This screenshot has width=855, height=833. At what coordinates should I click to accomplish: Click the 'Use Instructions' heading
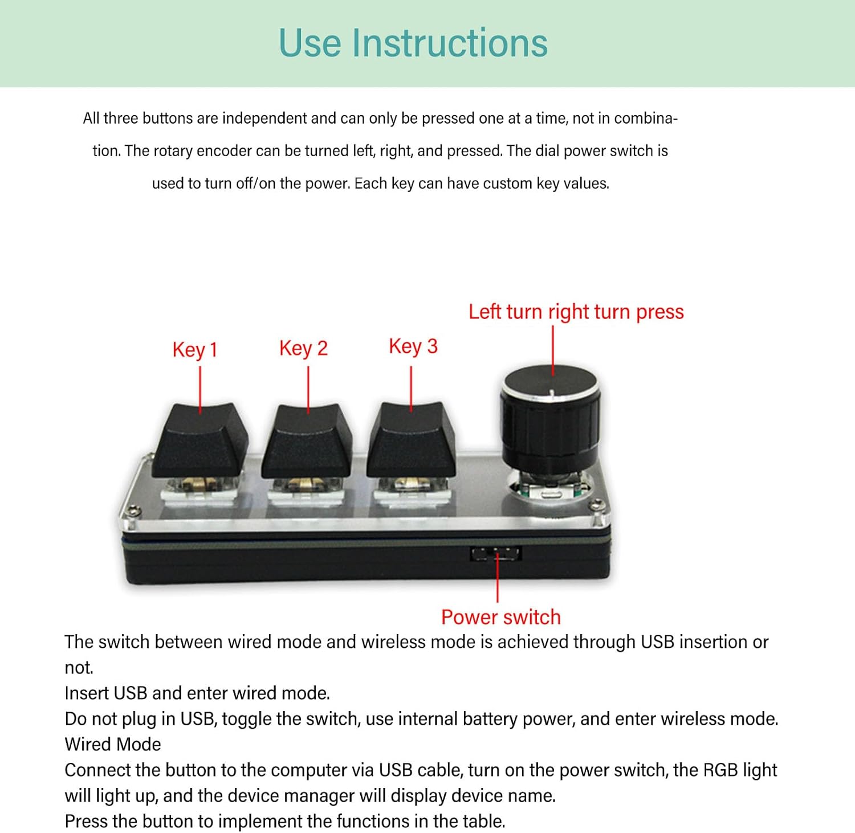pos(413,43)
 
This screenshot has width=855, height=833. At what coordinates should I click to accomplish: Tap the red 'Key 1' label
pos(195,349)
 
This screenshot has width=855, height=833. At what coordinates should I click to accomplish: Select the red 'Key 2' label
pos(303,348)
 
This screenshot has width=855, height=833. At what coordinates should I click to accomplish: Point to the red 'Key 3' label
pos(413,346)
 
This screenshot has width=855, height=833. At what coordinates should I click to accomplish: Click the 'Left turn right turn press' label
pos(576,312)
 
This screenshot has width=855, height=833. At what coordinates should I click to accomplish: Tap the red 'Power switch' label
pos(500,617)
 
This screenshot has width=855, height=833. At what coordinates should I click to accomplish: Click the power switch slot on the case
pos(495,553)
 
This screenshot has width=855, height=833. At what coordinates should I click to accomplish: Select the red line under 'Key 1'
pos(200,389)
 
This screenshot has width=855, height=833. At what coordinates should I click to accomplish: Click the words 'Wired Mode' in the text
pos(113,744)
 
